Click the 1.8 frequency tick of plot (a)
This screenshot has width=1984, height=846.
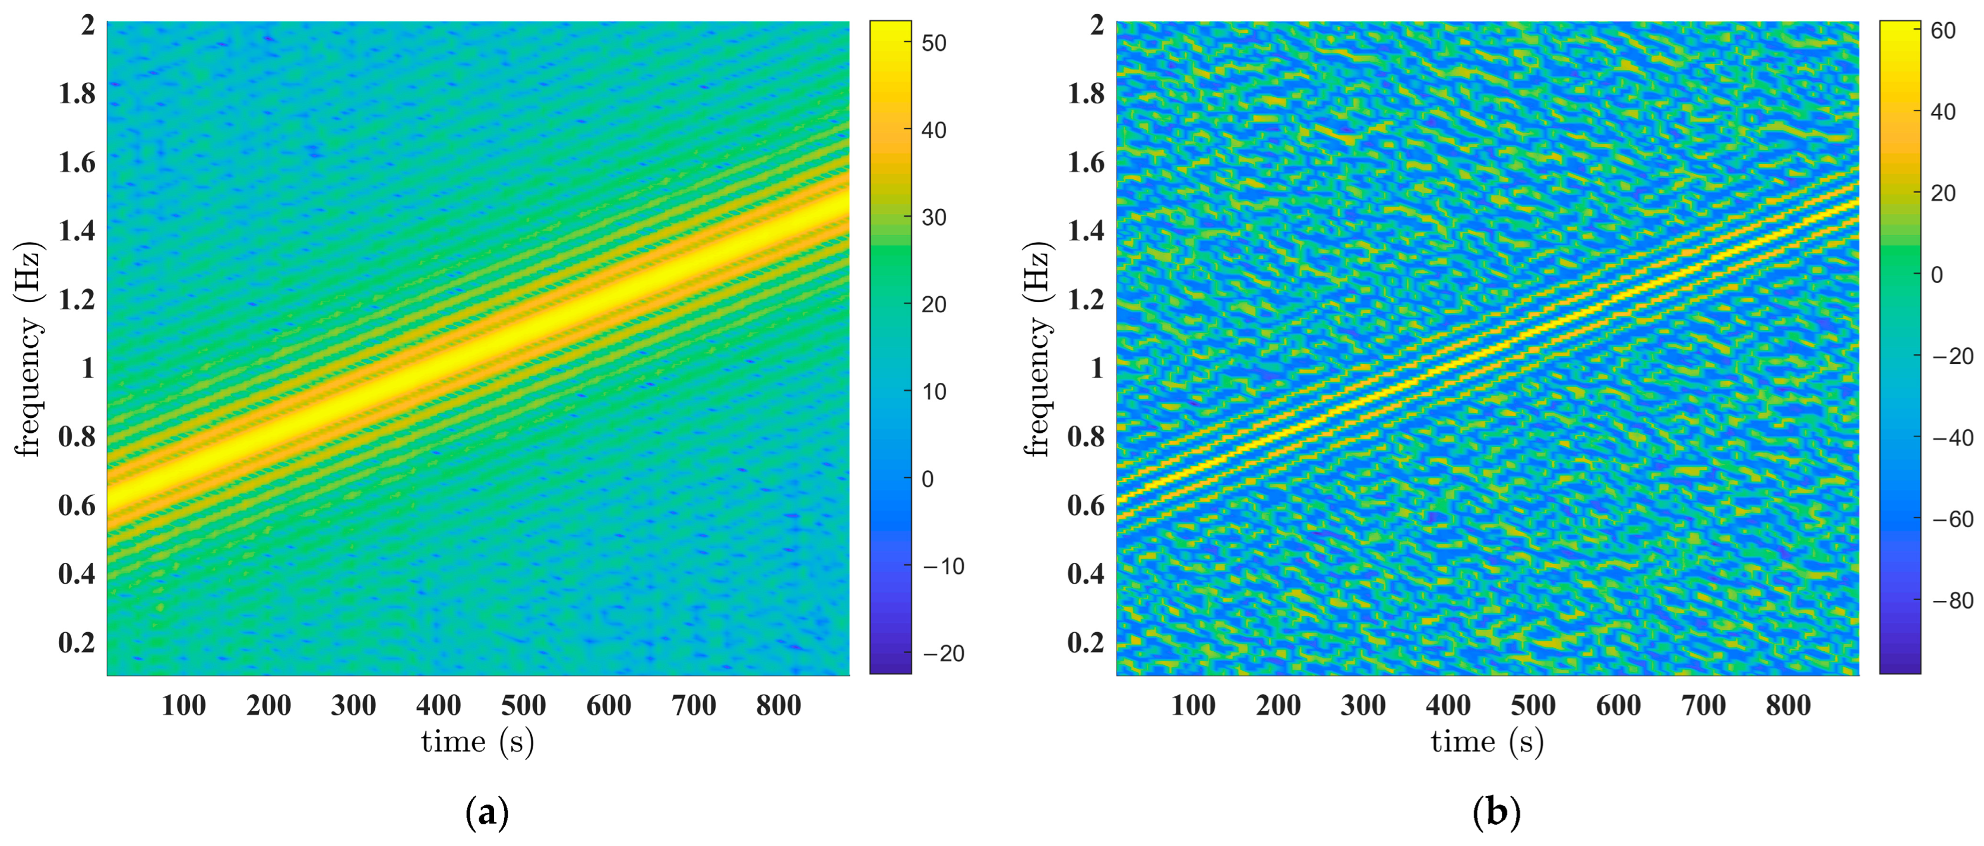pos(77,93)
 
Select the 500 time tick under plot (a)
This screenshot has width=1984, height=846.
pos(524,705)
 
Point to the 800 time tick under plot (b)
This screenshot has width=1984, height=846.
pos(1787,705)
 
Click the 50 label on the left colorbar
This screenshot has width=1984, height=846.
pos(934,43)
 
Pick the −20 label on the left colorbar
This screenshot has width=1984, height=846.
pos(942,654)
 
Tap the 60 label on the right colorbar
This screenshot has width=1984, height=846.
pos(1943,31)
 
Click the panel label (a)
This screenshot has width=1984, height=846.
pos(488,813)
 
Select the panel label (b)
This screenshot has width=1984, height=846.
pos(1496,813)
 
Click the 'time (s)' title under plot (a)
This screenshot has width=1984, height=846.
pos(477,742)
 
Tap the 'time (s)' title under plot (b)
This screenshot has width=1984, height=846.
pos(1487,742)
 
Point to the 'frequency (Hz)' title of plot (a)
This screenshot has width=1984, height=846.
pos(29,350)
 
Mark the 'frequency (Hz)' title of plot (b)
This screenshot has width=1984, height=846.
pos(1038,350)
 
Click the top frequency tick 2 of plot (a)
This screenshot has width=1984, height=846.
pos(88,26)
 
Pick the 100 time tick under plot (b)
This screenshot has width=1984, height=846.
pos(1193,705)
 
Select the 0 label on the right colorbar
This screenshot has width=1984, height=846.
pos(1937,275)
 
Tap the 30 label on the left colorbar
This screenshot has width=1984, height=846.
pos(934,218)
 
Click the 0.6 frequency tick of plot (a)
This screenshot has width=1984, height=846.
pos(77,506)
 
